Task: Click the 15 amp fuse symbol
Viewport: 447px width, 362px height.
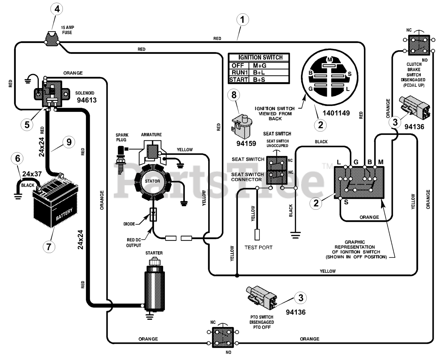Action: tap(52, 39)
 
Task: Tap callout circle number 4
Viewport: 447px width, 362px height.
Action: tap(57, 9)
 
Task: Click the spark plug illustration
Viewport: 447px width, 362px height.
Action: tap(122, 160)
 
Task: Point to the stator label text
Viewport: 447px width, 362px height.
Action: tap(152, 181)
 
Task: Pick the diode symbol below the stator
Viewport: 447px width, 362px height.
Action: tap(153, 215)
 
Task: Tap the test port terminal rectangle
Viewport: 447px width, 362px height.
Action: tap(257, 234)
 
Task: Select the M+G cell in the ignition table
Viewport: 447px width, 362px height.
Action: tap(259, 65)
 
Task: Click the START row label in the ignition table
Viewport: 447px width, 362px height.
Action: tap(239, 80)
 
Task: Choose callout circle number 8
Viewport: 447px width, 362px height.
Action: tap(234, 95)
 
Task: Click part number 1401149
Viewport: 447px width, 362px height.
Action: tap(336, 113)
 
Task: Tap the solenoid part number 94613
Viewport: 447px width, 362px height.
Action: tap(87, 100)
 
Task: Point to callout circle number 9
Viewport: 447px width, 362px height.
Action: tap(69, 142)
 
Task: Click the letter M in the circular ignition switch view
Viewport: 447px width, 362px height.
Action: tap(330, 60)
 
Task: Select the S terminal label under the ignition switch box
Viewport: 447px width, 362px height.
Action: tap(346, 202)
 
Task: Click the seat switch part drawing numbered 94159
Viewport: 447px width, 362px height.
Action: tap(242, 126)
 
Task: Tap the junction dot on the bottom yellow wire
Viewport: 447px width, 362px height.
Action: tap(237, 275)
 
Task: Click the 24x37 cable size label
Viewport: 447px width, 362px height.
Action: tap(32, 174)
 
